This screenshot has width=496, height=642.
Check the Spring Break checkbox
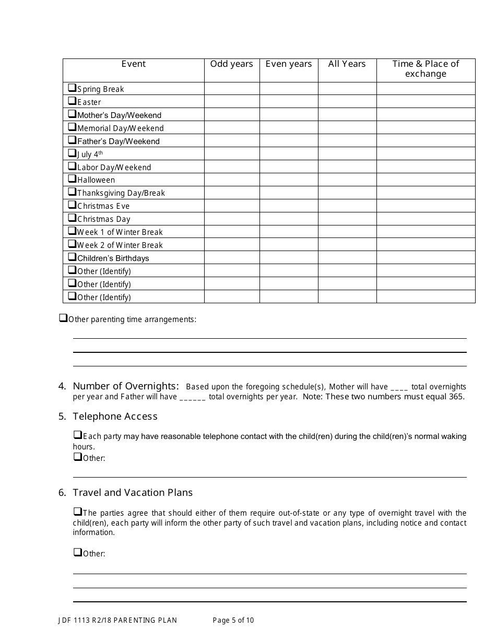72,88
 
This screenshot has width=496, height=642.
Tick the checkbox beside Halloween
72,179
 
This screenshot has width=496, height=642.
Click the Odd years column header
231,64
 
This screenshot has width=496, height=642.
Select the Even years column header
289,64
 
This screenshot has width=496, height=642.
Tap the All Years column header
347,64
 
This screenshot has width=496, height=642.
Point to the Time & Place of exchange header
426,69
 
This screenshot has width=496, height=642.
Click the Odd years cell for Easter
231,102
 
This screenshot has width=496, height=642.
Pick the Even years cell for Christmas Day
289,219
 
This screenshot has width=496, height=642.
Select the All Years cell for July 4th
347,153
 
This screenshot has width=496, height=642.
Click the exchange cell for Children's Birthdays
426,258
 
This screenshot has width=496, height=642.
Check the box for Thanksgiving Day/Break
72,192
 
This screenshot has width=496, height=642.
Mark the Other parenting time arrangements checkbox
63,318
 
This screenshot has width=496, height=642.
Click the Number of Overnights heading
126,386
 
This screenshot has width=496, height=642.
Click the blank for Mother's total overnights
399,388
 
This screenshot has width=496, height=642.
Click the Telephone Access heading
115,417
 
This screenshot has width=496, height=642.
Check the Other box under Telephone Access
77,457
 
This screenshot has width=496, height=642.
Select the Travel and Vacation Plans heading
133,493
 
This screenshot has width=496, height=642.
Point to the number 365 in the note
456,397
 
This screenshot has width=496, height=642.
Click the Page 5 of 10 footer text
233,621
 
